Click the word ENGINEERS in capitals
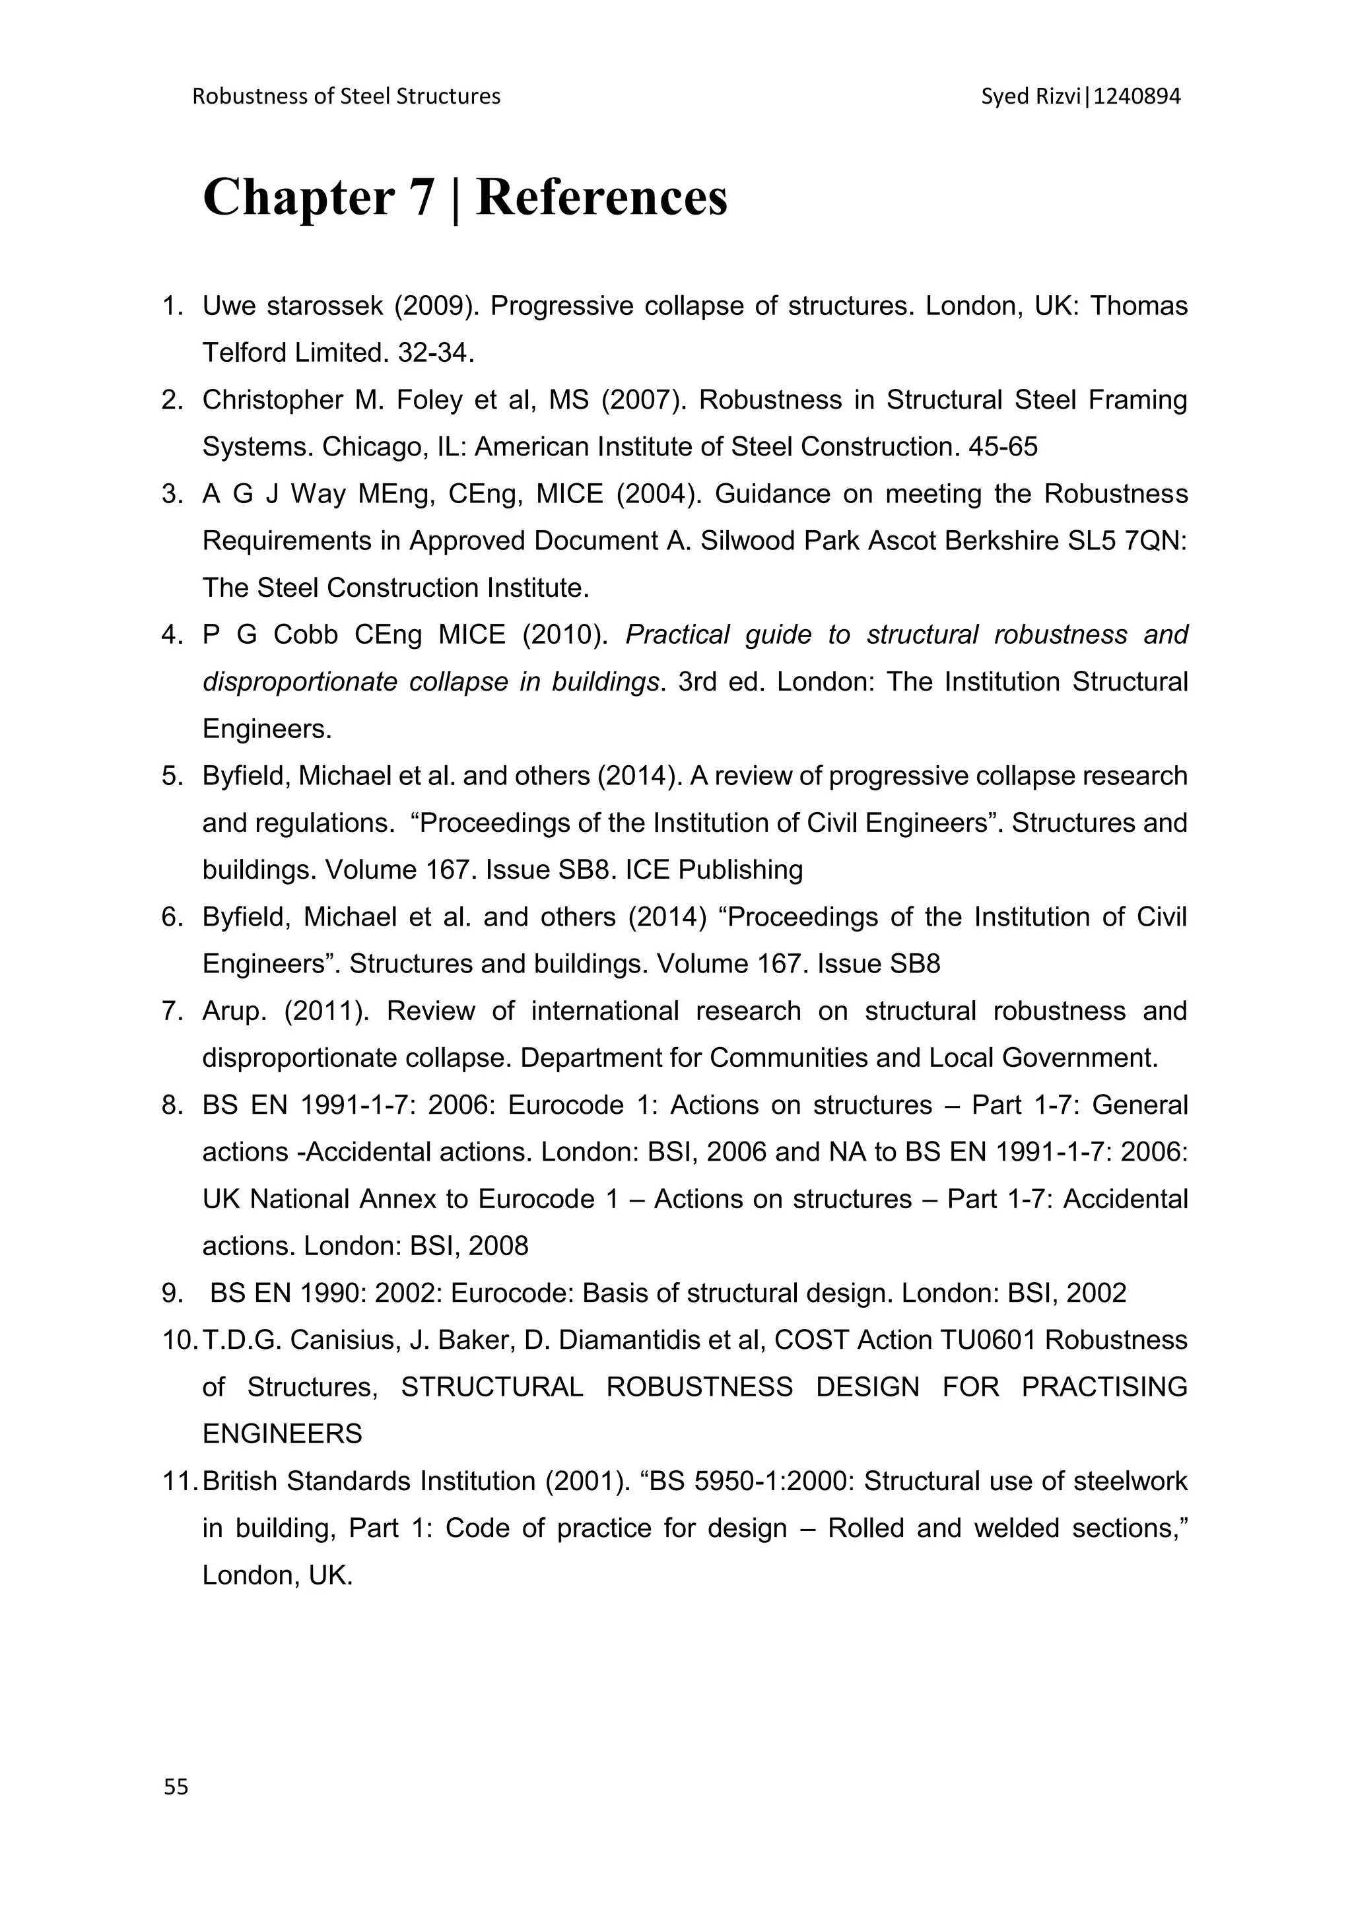[x=283, y=1434]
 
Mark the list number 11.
[x=178, y=1482]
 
